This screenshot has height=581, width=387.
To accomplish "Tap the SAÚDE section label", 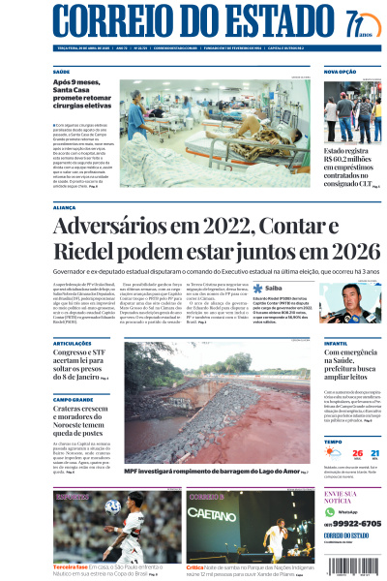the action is click(x=61, y=72).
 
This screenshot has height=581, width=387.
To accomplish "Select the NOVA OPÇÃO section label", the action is click(x=341, y=72).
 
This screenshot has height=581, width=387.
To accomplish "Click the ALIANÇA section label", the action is click(x=65, y=207).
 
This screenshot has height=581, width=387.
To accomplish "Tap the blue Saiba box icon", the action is click(x=258, y=288).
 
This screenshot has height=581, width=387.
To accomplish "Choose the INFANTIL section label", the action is click(x=338, y=343).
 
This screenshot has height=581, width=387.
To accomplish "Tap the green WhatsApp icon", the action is click(x=330, y=510).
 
